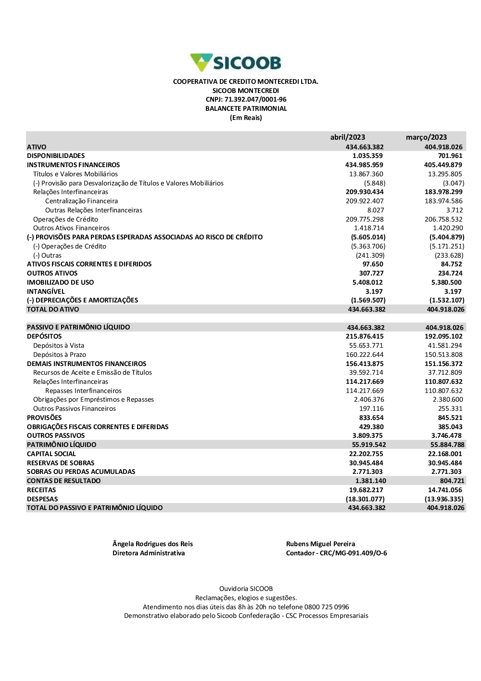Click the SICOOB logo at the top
click(x=236, y=63)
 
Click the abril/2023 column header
click(x=347, y=137)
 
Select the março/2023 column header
click(x=426, y=137)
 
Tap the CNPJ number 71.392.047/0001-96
click(x=255, y=100)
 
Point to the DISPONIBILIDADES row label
click(x=56, y=156)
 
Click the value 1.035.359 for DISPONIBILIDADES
click(x=367, y=156)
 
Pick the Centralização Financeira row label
click(x=81, y=201)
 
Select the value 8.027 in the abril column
click(x=376, y=210)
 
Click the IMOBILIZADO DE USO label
click(x=60, y=283)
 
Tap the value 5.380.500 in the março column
click(x=446, y=283)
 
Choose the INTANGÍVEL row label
click(x=46, y=292)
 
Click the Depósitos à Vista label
click(x=59, y=346)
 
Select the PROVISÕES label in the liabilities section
click(x=44, y=418)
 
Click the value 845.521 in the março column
click(x=450, y=418)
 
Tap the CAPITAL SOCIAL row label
click(x=51, y=454)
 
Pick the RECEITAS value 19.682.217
click(x=366, y=490)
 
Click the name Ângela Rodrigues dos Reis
click(x=152, y=544)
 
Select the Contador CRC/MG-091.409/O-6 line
click(x=336, y=553)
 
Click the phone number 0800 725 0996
click(x=329, y=607)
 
